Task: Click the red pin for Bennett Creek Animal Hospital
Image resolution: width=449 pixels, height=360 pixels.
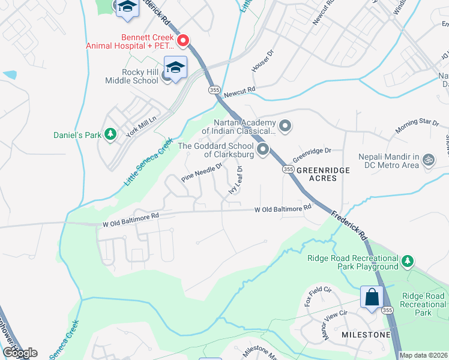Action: click(184, 41)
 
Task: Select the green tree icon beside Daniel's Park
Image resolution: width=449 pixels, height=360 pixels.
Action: click(110, 135)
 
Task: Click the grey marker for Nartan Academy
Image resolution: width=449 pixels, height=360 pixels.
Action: click(285, 126)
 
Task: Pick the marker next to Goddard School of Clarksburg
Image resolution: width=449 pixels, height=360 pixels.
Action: click(262, 149)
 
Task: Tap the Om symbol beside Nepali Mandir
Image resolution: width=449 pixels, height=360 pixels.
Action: click(428, 160)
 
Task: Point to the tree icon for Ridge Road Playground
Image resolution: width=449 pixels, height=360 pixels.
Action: click(408, 261)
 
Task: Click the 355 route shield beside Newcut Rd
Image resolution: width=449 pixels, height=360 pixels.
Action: click(214, 89)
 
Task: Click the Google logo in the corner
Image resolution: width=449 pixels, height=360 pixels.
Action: click(20, 353)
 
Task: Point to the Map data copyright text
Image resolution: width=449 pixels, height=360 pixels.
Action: click(423, 355)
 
